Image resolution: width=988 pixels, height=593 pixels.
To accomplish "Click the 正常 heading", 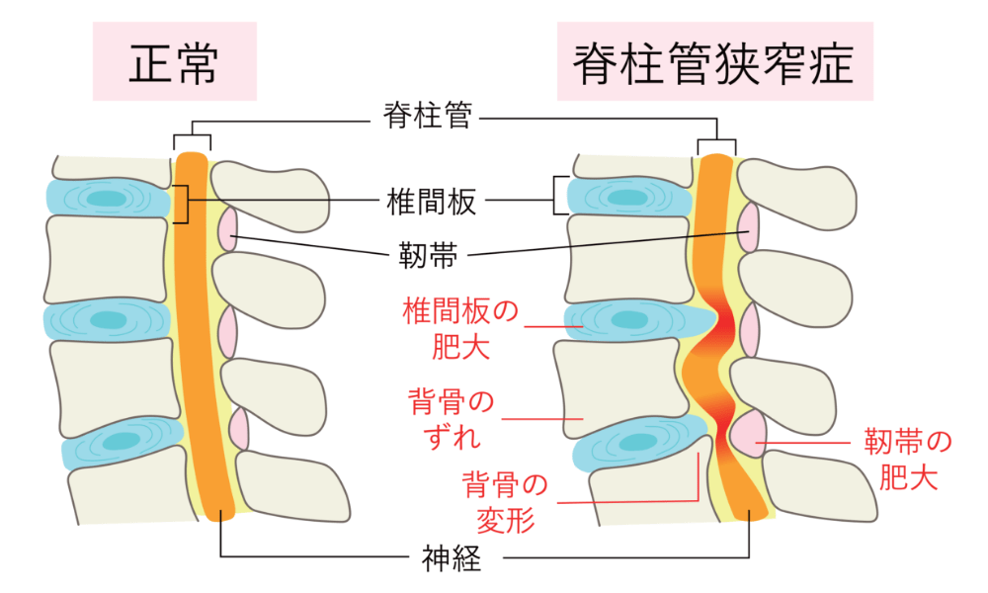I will click(174, 63).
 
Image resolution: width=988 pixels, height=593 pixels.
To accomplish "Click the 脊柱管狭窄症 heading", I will click(714, 63).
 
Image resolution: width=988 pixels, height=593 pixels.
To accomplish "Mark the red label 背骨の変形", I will click(505, 502).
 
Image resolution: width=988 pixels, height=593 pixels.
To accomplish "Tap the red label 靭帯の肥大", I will click(908, 459).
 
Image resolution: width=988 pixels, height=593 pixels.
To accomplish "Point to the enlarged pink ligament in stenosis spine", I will click(747, 431).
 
